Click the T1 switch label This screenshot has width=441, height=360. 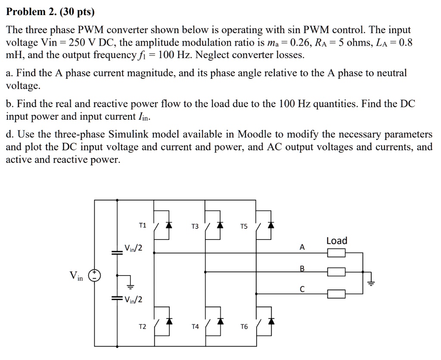click(143, 225)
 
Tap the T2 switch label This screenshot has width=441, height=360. click(143, 327)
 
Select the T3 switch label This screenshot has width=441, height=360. click(195, 227)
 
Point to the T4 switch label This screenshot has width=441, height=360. click(195, 327)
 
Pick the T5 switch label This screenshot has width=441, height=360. click(244, 227)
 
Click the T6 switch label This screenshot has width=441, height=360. click(244, 327)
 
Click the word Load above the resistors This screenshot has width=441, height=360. click(337, 241)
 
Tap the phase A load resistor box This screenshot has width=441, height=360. click(336, 253)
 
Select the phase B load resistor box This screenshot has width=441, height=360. click(336, 272)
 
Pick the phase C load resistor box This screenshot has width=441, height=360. click(336, 294)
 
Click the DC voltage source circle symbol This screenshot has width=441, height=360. click(94, 276)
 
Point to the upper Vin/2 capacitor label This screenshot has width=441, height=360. click(133, 248)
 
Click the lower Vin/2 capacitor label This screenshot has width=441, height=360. click(133, 300)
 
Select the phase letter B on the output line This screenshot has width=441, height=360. click(302, 269)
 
